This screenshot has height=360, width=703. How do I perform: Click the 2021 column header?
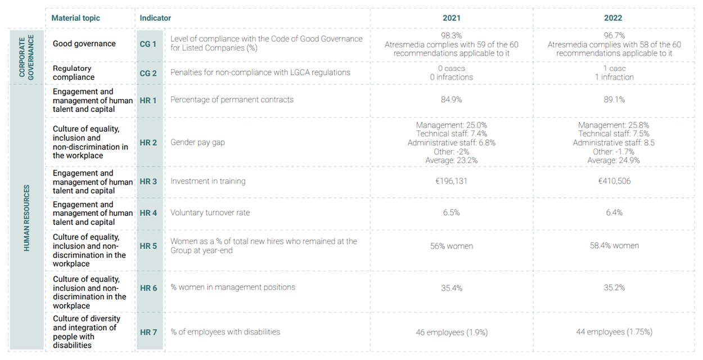pyautogui.click(x=451, y=18)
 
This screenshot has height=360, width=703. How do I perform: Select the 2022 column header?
pyautogui.click(x=613, y=18)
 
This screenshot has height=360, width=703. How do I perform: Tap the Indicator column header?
pyautogui.click(x=155, y=18)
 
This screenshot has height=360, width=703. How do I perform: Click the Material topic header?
pyautogui.click(x=75, y=18)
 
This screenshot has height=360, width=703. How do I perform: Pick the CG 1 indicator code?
pyautogui.click(x=148, y=44)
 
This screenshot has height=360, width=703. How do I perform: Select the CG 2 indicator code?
pyautogui.click(x=148, y=73)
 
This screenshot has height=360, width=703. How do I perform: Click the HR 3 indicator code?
pyautogui.click(x=148, y=182)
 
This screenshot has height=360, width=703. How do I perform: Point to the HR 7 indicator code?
pyautogui.click(x=148, y=332)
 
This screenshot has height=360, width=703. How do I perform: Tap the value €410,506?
pyautogui.click(x=613, y=181)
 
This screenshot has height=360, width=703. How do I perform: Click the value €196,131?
pyautogui.click(x=451, y=181)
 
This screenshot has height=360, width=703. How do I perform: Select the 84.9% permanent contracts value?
pyautogui.click(x=451, y=100)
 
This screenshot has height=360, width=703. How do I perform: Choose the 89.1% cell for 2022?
pyautogui.click(x=613, y=100)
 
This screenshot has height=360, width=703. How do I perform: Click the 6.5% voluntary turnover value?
pyautogui.click(x=451, y=213)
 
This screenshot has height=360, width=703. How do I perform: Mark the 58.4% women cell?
pyautogui.click(x=613, y=246)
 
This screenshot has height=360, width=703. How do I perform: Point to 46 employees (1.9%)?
pyautogui.click(x=451, y=332)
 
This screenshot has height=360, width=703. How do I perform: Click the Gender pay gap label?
pyautogui.click(x=197, y=142)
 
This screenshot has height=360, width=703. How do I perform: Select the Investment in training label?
pyautogui.click(x=208, y=181)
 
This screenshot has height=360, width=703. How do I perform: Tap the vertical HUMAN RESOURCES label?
pyautogui.click(x=26, y=217)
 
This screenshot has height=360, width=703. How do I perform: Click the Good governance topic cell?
pyautogui.click(x=84, y=44)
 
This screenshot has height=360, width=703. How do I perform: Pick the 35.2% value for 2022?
pyautogui.click(x=613, y=287)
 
